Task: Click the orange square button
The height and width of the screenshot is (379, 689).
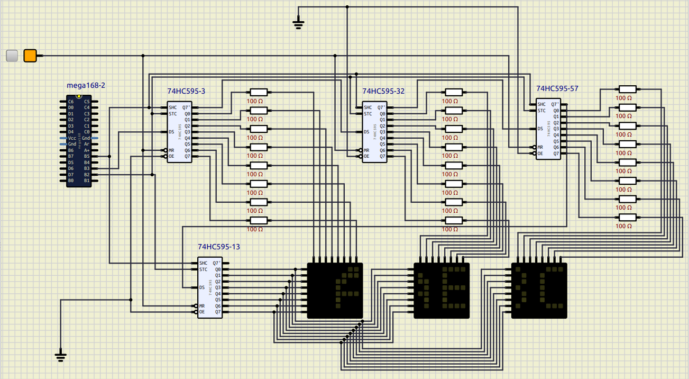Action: pos(30,56)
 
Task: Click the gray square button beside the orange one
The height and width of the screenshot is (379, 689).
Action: pos(12,56)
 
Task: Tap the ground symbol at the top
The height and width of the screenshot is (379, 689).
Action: pos(299,23)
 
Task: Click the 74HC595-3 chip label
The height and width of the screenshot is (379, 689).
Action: pos(186,91)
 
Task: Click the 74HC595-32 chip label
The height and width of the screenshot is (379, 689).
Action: pos(383,91)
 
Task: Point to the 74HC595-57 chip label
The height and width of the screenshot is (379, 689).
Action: pos(557,88)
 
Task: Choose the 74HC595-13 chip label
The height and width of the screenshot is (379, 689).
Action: pos(219,247)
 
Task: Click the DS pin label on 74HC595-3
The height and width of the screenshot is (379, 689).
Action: pos(171,132)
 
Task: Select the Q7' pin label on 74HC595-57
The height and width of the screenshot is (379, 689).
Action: pos(555,104)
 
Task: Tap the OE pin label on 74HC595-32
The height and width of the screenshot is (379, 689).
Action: pos(366,156)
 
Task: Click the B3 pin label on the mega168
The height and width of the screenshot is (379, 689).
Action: pos(87,168)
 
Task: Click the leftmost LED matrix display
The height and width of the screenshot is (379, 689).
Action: pos(335,291)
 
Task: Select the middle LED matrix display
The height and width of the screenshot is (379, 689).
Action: pos(442,291)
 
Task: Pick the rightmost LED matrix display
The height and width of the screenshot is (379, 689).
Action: pos(539,291)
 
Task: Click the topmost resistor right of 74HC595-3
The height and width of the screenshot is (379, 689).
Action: pos(259,92)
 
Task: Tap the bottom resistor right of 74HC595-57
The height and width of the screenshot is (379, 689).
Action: pos(627,218)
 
